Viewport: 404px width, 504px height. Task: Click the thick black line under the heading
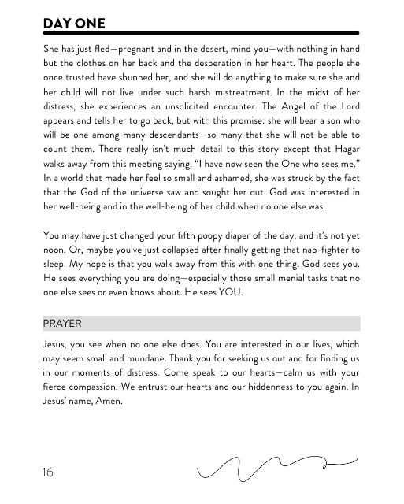point(202,33)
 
